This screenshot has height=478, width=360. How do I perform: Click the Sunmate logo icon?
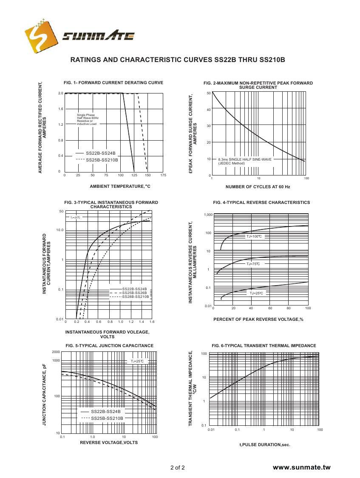[x=41, y=35]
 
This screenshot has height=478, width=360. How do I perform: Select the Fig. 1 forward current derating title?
[x=113, y=83]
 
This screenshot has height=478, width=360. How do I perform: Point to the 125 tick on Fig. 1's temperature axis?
[x=134, y=175]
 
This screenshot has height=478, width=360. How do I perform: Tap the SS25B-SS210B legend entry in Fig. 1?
[x=102, y=160]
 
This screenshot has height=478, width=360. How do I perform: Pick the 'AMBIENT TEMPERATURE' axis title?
[x=120, y=186]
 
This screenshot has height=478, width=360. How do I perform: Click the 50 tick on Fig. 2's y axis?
[x=208, y=93]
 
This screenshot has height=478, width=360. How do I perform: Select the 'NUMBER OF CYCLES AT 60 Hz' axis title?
[x=258, y=187]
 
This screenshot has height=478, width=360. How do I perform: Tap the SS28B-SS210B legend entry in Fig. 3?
[x=136, y=297]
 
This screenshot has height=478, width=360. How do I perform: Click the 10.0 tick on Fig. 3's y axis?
[x=60, y=230]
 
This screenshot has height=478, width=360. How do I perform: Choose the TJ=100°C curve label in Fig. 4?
[x=254, y=236]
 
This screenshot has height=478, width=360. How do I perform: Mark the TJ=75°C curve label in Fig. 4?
[x=253, y=264]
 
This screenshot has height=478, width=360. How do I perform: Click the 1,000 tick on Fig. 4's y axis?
[x=207, y=215]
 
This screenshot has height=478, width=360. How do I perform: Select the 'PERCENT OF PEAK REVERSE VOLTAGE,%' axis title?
[x=258, y=320]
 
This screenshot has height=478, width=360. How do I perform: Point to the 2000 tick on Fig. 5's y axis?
[x=56, y=352]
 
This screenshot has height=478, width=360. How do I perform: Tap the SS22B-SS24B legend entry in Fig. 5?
[x=105, y=411]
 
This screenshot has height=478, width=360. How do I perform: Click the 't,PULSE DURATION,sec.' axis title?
[x=265, y=444]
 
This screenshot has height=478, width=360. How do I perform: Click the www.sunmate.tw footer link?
[x=301, y=467]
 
